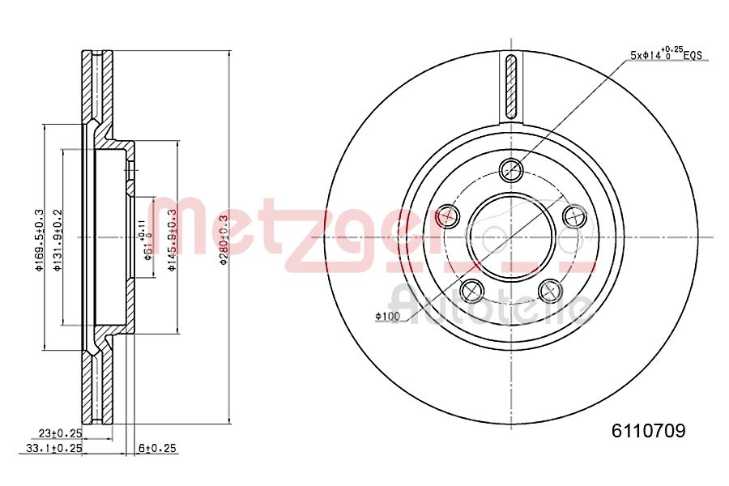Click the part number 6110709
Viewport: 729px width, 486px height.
[x=647, y=432]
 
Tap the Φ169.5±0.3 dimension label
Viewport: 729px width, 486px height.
[x=38, y=241]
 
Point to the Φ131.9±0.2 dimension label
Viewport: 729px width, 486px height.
[x=58, y=241]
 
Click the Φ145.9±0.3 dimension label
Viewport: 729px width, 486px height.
[x=172, y=241]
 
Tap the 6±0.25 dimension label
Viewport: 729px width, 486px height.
[x=157, y=448]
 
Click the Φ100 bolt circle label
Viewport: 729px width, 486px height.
[x=388, y=316]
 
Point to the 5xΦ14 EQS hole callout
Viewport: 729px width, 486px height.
[x=665, y=54]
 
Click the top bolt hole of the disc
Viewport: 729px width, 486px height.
[x=511, y=169]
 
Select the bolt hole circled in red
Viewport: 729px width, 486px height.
[x=447, y=215]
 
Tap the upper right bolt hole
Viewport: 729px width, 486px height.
[x=574, y=215]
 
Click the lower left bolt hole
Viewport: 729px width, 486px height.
[x=471, y=290]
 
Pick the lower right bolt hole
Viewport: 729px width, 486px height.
[x=550, y=290]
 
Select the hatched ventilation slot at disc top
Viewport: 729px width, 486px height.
[x=510, y=87]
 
